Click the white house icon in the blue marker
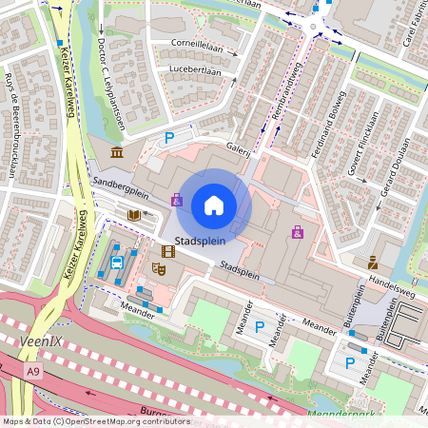pos(214,204)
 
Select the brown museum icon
pos(116,153)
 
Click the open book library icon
pos(134,216)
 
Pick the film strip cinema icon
pos(168,251)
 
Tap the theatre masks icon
pos(160,270)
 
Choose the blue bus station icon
pos(116,263)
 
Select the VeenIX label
pos(39,339)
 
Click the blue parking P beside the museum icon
pos(170,139)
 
